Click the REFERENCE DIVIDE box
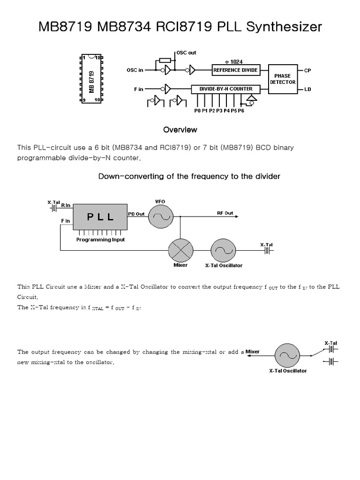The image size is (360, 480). (235, 70)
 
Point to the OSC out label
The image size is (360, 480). (186, 52)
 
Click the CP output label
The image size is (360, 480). (307, 70)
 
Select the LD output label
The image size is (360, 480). (307, 89)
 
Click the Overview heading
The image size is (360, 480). (180, 129)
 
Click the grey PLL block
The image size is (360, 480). (100, 217)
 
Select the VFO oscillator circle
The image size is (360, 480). (161, 217)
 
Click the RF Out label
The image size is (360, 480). (225, 213)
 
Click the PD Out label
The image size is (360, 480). (136, 213)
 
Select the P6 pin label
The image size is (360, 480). (241, 111)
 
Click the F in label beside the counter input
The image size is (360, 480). (138, 89)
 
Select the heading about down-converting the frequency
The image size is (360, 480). (189, 176)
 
